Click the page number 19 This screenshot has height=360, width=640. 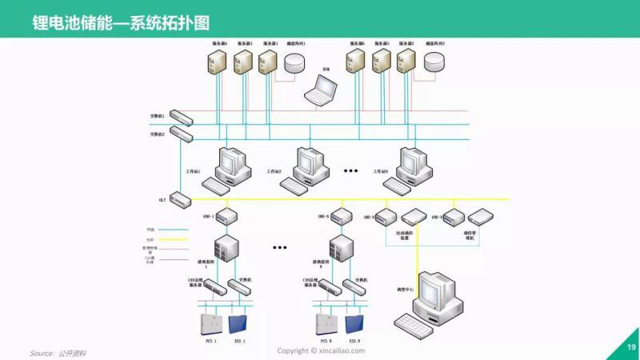(630, 347)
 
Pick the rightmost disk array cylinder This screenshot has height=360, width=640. (434, 61)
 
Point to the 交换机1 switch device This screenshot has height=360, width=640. (182, 118)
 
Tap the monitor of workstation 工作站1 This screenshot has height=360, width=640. (232, 162)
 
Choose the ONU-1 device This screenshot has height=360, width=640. (226, 217)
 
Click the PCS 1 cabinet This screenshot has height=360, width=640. (210, 324)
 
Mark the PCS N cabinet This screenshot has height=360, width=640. (326, 324)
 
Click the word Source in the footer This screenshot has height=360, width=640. (42, 352)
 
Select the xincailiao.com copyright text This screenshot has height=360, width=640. (321, 350)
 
